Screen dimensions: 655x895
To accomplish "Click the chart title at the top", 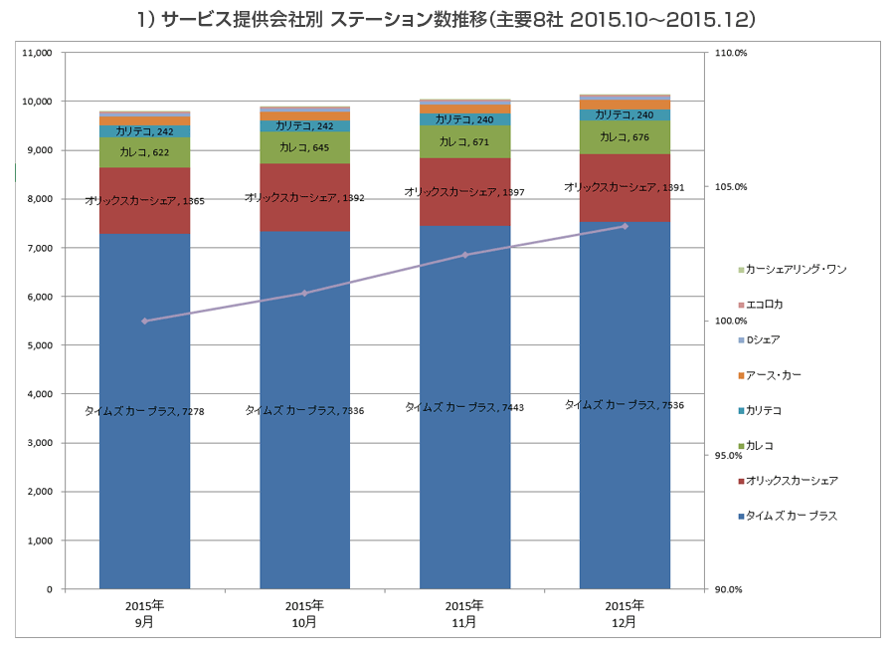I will (x=447, y=19).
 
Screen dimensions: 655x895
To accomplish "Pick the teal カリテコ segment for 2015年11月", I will (x=464, y=119).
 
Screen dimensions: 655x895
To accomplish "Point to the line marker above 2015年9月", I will (x=145, y=321).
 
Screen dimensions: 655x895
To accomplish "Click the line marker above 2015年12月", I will (x=625, y=226).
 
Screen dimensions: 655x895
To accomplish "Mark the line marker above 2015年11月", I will (x=464, y=255).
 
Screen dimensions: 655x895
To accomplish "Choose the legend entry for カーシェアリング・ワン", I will (x=795, y=270).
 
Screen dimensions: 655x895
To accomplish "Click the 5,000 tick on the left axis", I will (x=39, y=345).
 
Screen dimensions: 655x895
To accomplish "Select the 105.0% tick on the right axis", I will (x=731, y=187).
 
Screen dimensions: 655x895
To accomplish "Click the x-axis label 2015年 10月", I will (x=304, y=613).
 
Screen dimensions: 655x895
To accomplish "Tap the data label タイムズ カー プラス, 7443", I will (x=464, y=407).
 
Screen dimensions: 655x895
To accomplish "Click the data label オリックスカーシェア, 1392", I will (x=304, y=198).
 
